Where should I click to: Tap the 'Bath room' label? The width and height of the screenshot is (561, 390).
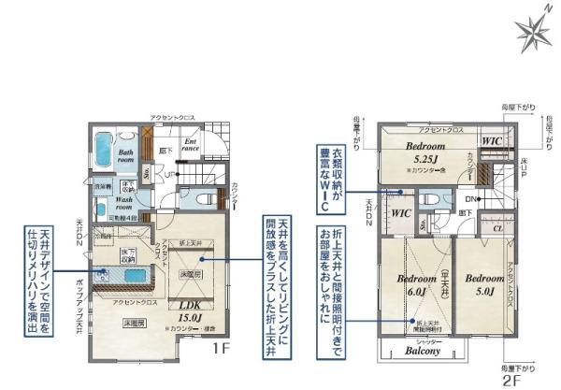127,153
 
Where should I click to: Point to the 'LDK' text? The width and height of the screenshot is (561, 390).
180,305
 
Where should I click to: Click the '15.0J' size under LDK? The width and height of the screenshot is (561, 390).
180,318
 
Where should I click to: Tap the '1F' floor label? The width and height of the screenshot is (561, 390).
221,348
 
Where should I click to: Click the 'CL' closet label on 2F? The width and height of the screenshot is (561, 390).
498,226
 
